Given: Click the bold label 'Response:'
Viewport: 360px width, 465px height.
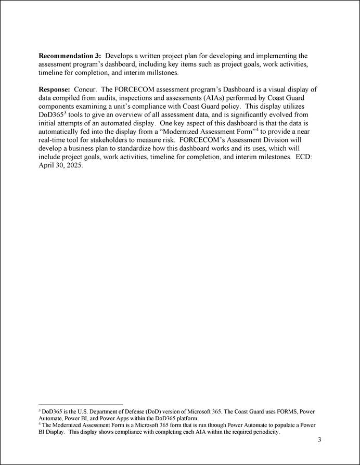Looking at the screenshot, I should click(x=55, y=89).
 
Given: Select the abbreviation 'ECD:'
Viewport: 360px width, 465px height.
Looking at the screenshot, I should click(x=303, y=157).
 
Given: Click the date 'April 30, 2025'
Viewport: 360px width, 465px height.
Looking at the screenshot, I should click(x=60, y=165).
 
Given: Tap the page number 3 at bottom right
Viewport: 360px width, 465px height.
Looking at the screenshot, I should click(x=319, y=440).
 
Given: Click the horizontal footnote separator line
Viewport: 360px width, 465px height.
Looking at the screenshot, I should click(x=81, y=404).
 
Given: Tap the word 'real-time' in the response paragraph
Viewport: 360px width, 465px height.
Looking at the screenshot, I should click(x=54, y=140).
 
